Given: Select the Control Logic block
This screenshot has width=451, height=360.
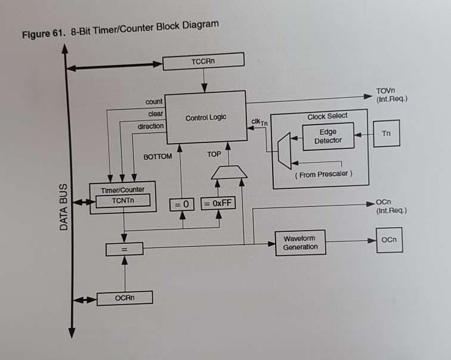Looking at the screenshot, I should pyautogui.click(x=205, y=117).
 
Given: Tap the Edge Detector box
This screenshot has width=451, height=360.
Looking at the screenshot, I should pyautogui.click(x=328, y=136).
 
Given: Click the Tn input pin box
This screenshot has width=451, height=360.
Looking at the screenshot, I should pyautogui.click(x=386, y=134).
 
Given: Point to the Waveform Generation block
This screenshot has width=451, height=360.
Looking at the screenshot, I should pyautogui.click(x=300, y=243).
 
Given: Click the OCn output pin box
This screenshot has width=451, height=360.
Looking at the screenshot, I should pyautogui.click(x=389, y=240).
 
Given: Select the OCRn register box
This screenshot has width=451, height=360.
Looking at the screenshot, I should pyautogui.click(x=125, y=297).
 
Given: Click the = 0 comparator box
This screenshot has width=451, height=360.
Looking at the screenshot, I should pyautogui.click(x=182, y=204).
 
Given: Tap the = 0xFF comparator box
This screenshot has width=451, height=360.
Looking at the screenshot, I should pyautogui.click(x=218, y=203).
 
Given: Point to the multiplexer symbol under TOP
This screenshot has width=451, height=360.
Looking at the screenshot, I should pyautogui.click(x=229, y=172).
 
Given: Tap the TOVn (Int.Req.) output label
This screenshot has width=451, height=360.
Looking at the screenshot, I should pyautogui.click(x=391, y=95).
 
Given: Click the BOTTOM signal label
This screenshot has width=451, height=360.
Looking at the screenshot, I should pyautogui.click(x=157, y=157).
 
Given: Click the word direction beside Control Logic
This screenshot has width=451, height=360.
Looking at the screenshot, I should pyautogui.click(x=150, y=126).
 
